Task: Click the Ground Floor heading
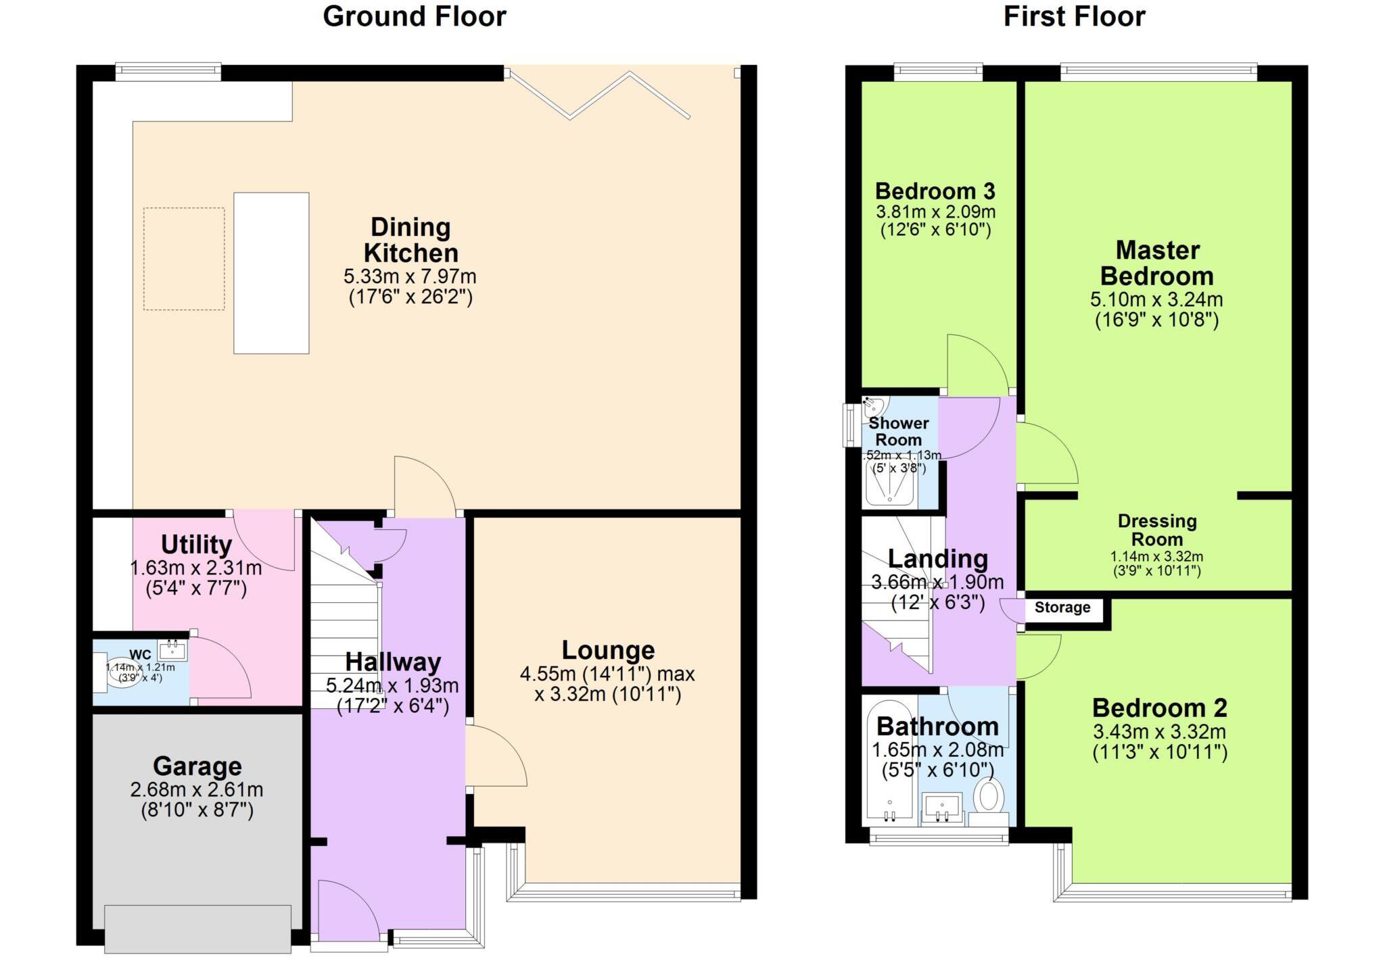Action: (x=414, y=17)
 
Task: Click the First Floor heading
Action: (x=1074, y=17)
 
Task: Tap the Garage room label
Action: (x=197, y=766)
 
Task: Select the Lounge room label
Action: (x=608, y=650)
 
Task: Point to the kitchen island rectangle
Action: (x=271, y=273)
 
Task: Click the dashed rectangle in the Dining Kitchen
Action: (x=184, y=259)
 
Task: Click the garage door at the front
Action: (x=198, y=929)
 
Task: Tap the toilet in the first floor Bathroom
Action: (x=989, y=795)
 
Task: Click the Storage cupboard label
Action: (x=1062, y=608)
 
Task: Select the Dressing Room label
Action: (x=1157, y=530)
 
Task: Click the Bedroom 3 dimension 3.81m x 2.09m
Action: (x=935, y=212)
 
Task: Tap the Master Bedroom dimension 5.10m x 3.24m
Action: (x=1156, y=299)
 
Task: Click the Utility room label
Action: (x=196, y=545)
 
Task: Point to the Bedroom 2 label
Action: (x=1159, y=708)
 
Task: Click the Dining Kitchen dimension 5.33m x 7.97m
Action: (x=410, y=276)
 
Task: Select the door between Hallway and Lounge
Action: (x=497, y=756)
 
